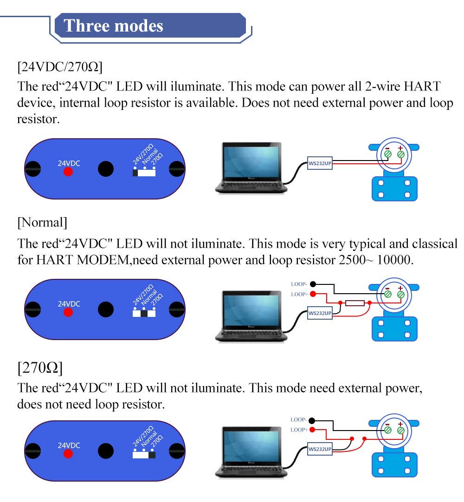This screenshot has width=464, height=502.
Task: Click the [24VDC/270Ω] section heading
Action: [60, 67]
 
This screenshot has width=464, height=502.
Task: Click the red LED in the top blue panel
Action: [68, 172]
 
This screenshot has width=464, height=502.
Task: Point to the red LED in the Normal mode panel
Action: [68, 312]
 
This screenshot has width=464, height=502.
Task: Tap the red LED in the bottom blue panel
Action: [68, 454]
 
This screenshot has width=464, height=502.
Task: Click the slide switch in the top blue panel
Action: [144, 173]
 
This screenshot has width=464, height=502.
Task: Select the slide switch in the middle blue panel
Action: [144, 313]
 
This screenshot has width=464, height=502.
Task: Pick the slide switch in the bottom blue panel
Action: [144, 455]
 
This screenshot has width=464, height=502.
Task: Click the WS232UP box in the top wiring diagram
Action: [320, 163]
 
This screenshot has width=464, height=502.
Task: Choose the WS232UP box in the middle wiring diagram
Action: [320, 313]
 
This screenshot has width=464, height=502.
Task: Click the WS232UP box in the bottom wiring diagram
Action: [320, 449]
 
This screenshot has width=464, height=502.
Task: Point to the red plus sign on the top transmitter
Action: [400, 148]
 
